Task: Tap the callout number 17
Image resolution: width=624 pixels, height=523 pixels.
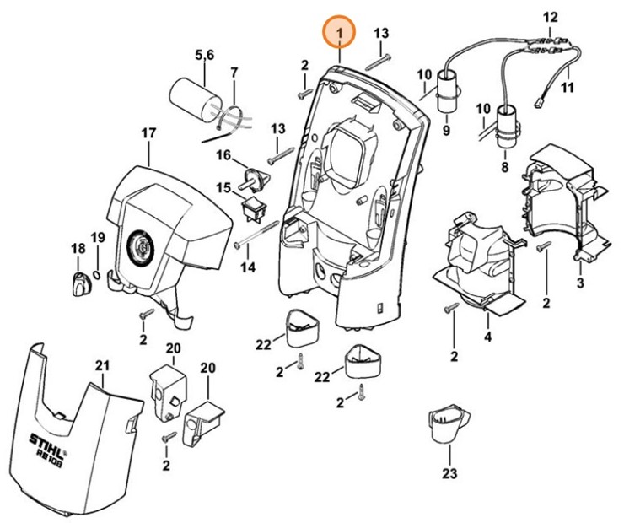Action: pos(148,133)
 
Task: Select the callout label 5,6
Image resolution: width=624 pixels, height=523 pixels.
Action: pos(204,55)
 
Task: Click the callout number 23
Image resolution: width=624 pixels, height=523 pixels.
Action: pos(449,473)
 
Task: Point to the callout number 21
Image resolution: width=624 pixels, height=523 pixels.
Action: pos(102,365)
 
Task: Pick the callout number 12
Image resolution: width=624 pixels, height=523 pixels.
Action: pos(551,16)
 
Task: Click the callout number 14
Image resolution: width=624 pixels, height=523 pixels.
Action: pos(247,267)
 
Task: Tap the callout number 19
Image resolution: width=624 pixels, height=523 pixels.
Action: pos(98,238)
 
